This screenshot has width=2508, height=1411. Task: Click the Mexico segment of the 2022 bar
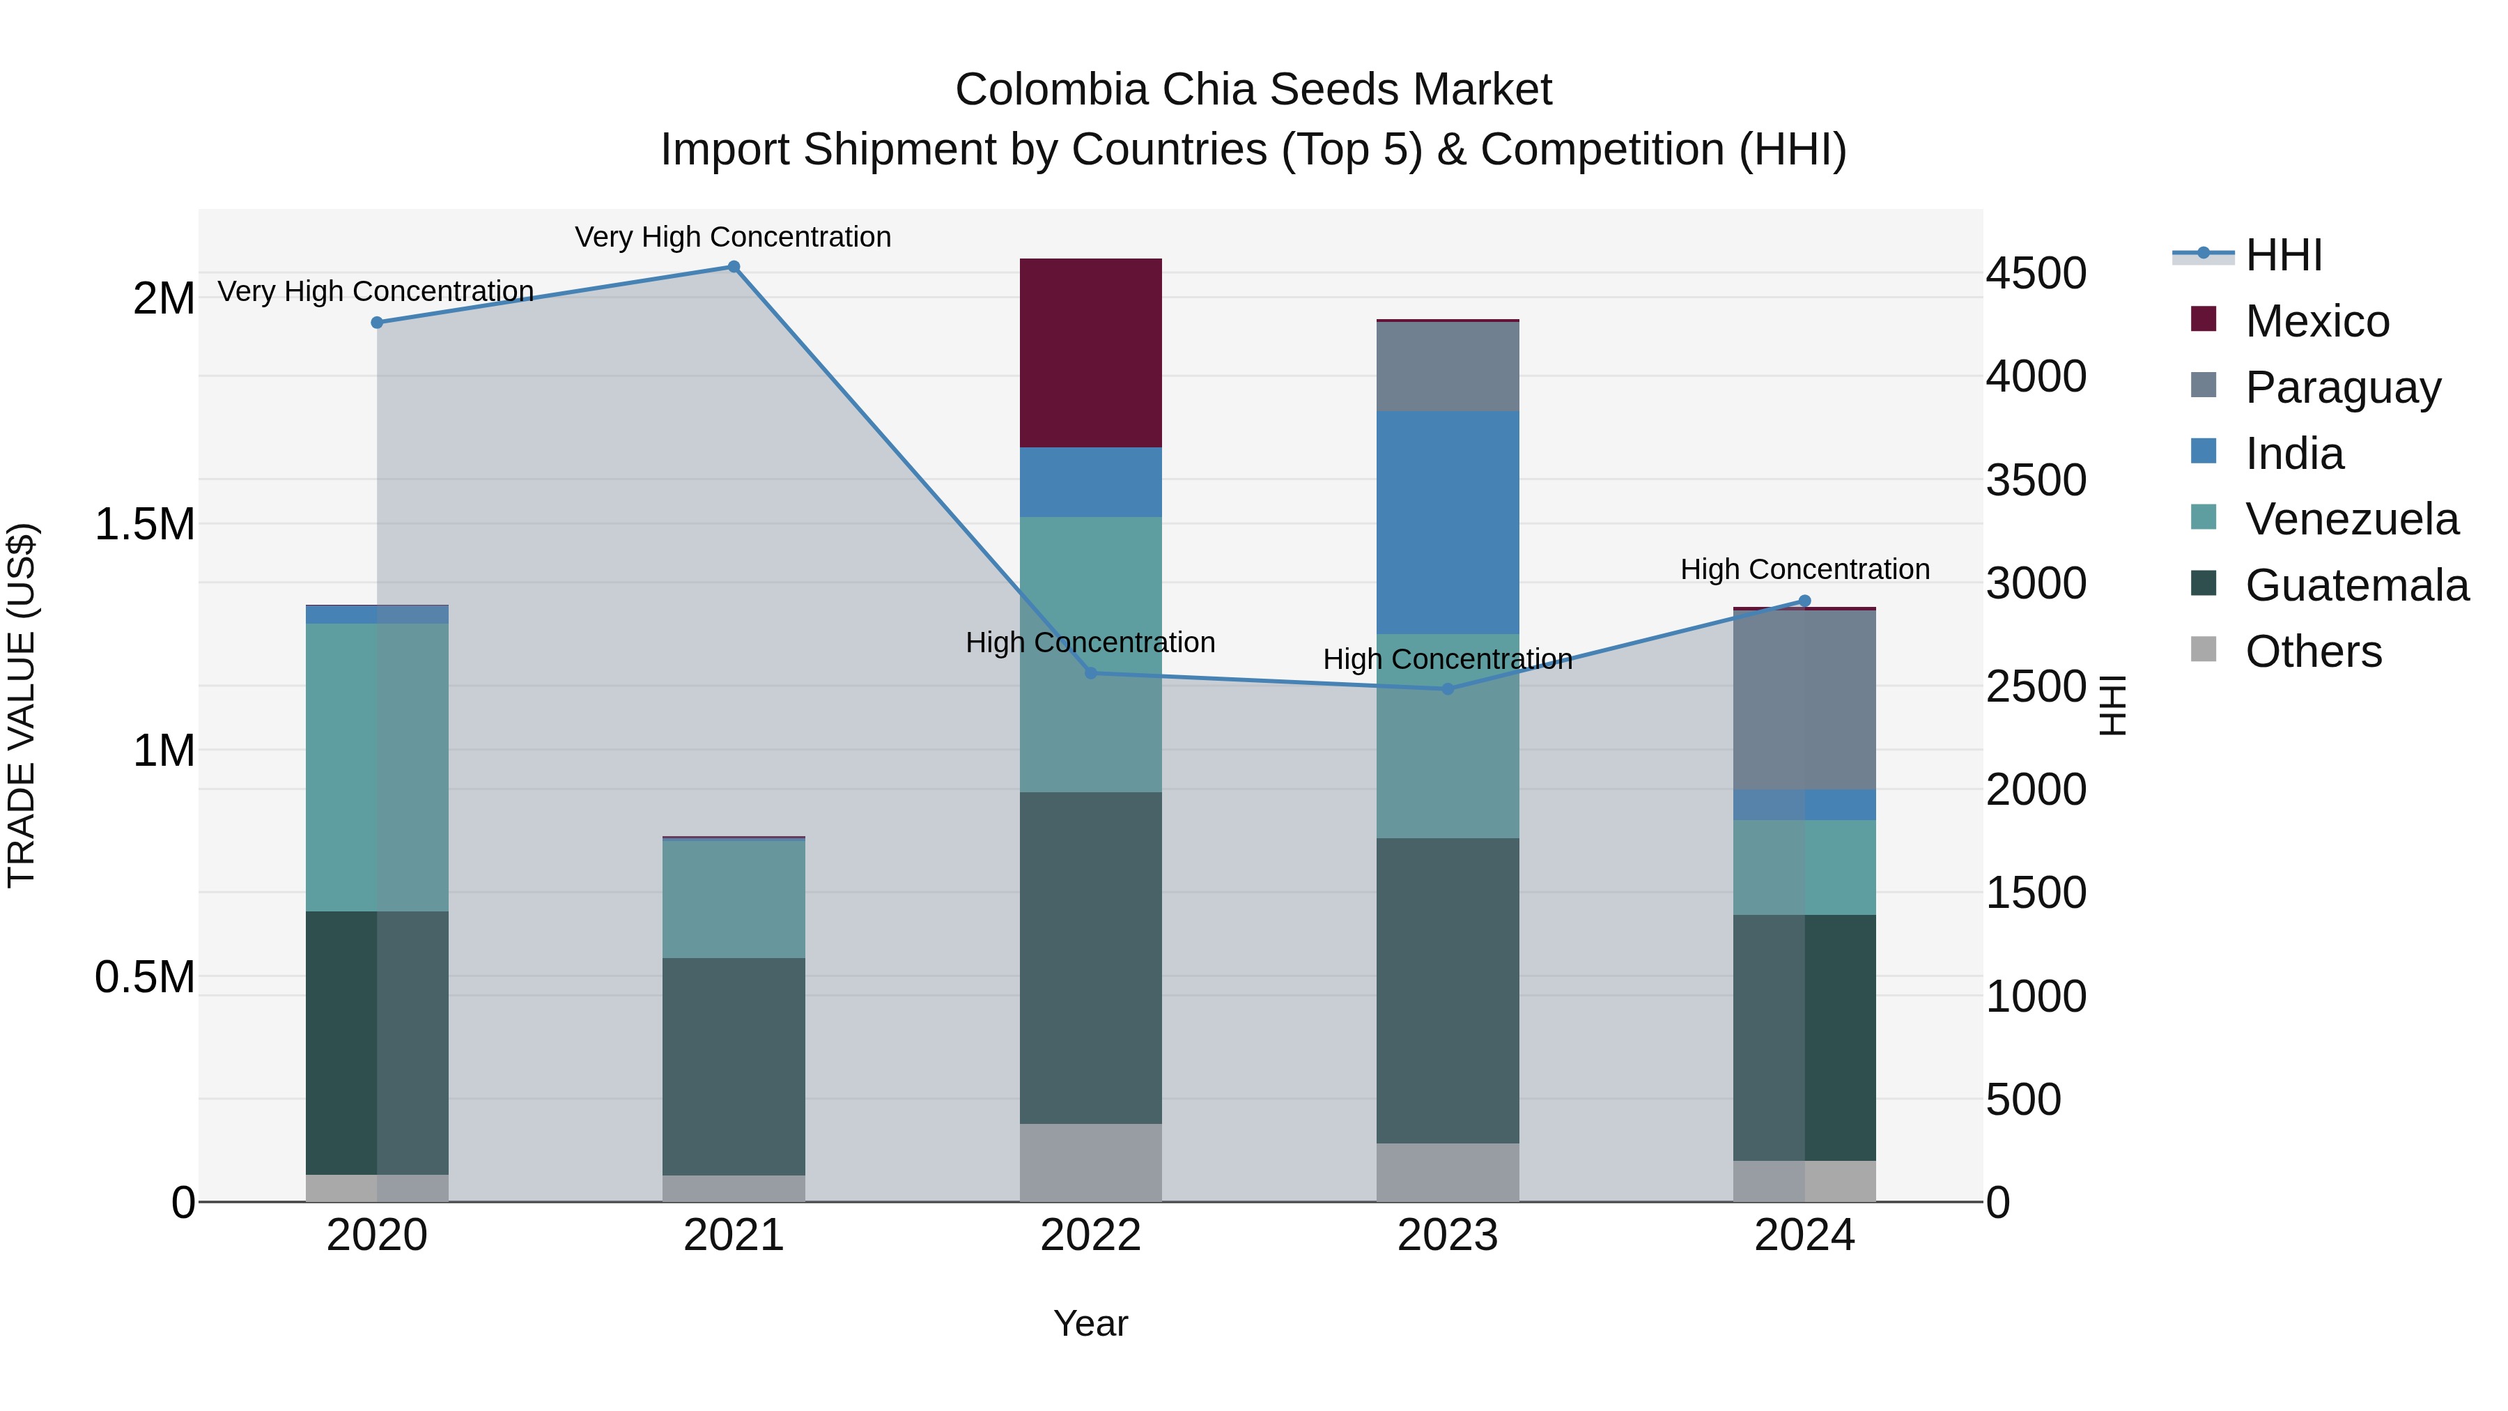tap(1090, 353)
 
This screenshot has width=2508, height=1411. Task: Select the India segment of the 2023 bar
tap(1447, 522)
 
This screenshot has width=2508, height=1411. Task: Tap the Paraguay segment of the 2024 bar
tap(1804, 699)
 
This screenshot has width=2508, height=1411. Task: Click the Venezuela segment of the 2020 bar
tap(377, 767)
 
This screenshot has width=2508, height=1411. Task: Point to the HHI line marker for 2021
tap(734, 267)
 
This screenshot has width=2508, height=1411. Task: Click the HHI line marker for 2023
tap(1447, 688)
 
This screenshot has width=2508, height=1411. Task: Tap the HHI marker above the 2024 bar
tap(1804, 601)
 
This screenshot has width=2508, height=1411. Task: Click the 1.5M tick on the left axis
tap(144, 524)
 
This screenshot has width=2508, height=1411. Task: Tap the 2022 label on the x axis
tap(1090, 1235)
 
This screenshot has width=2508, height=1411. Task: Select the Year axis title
tap(1090, 1323)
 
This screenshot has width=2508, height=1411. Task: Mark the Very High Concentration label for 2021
tap(732, 237)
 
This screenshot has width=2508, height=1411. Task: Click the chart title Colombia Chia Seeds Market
tap(1253, 90)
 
